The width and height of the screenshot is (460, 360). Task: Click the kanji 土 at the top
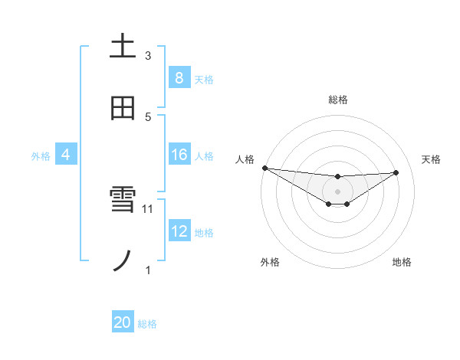123,46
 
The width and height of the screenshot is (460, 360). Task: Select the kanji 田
123,108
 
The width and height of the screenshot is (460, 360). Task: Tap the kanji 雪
123,201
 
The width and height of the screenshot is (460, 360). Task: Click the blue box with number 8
179,77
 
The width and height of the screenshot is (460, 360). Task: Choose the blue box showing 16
179,155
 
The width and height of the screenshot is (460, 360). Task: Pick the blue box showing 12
179,231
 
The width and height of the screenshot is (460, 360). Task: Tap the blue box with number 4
66,155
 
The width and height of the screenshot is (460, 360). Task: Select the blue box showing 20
123,322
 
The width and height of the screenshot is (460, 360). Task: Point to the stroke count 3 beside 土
148,55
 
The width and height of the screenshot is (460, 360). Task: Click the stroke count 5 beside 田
148,116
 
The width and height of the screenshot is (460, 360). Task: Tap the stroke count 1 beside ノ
148,270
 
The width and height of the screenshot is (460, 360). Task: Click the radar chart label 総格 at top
337,100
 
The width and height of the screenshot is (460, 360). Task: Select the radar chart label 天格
431,159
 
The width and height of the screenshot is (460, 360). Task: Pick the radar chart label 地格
402,262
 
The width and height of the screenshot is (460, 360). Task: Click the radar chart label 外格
270,262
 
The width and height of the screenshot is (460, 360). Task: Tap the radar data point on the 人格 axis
264,168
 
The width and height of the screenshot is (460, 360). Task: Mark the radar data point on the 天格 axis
396,172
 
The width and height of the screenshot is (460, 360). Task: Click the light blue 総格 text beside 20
147,324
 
